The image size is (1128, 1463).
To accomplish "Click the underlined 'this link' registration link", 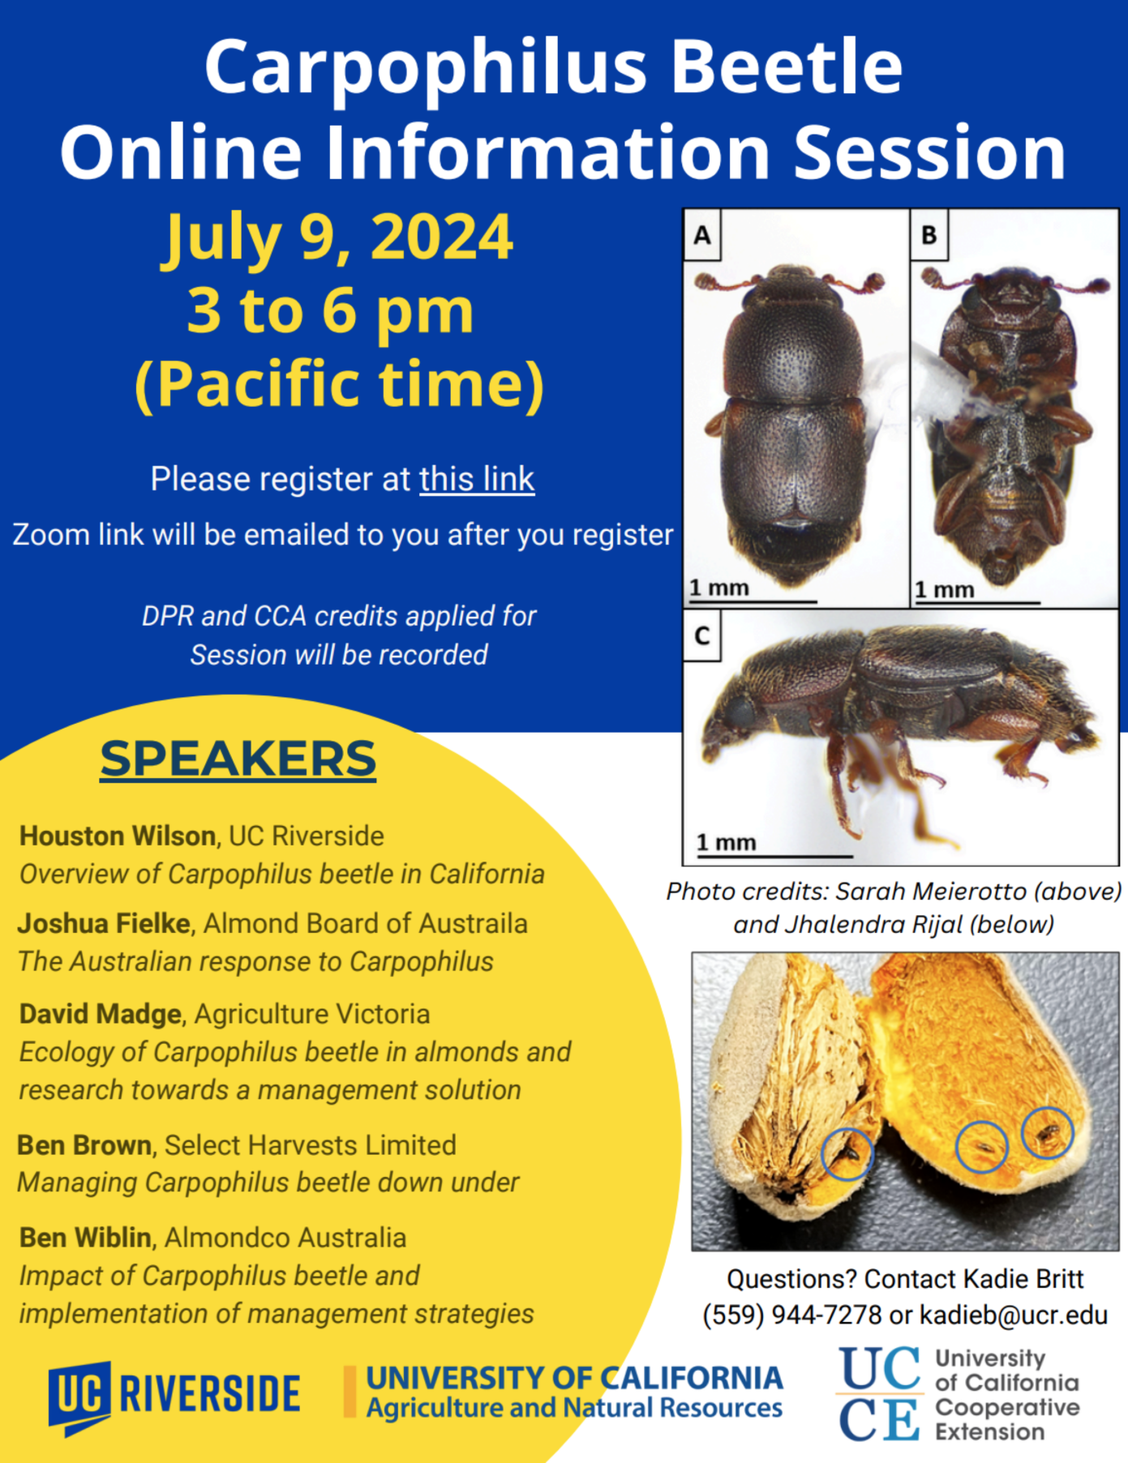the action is click(x=477, y=479).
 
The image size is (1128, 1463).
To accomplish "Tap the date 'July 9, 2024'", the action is click(x=339, y=237).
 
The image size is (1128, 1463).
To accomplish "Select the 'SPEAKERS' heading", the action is click(x=238, y=759).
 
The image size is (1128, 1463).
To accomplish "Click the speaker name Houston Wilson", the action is click(x=118, y=836).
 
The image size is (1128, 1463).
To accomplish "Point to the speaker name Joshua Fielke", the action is click(x=105, y=923).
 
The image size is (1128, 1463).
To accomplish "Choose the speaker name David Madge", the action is click(x=101, y=1014).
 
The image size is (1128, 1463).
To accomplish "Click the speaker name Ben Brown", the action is click(x=84, y=1145).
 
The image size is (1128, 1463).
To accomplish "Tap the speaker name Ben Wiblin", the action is click(x=85, y=1238).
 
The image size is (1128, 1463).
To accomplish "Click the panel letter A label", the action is click(x=702, y=235).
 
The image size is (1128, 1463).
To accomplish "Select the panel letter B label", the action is click(x=929, y=235).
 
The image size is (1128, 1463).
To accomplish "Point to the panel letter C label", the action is click(x=702, y=636).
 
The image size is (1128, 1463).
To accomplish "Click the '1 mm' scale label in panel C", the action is click(x=726, y=843).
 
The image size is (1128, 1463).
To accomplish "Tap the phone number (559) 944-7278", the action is click(x=791, y=1315).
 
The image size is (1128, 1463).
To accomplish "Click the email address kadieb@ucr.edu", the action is click(x=1014, y=1315).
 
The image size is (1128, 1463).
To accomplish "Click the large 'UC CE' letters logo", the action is click(x=880, y=1394).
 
